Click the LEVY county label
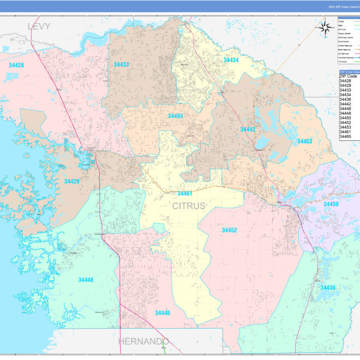39,26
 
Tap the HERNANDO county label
143,341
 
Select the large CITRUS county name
189,206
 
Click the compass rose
326,27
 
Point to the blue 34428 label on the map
16,65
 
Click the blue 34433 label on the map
121,64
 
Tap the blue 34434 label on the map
231,60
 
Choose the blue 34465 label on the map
175,116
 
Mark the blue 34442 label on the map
248,129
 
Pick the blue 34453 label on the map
304,141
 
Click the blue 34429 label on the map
71,181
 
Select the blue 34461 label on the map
184,194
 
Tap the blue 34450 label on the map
331,204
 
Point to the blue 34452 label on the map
229,230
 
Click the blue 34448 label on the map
86,280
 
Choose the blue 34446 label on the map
162,313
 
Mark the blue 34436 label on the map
328,287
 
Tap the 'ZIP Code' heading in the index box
348,76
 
